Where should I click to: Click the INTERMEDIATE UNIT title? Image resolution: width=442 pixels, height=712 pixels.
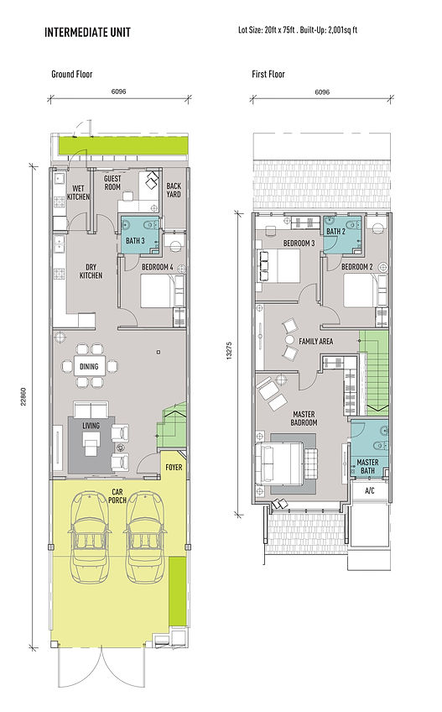pyautogui.click(x=87, y=32)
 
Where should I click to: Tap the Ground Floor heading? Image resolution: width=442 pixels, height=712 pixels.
pyautogui.click(x=71, y=74)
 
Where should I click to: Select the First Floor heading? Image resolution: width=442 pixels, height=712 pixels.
pyautogui.click(x=268, y=74)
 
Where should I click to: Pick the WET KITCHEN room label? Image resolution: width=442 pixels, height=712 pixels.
pyautogui.click(x=78, y=192)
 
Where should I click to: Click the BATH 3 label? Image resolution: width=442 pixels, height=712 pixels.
pyautogui.click(x=135, y=241)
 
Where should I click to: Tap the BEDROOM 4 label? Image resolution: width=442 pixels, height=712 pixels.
pyautogui.click(x=157, y=267)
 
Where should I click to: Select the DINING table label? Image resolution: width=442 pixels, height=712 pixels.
pyautogui.click(x=89, y=366)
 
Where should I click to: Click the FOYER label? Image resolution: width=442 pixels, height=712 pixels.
pyautogui.click(x=174, y=467)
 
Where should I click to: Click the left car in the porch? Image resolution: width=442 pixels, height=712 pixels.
pyautogui.click(x=89, y=537)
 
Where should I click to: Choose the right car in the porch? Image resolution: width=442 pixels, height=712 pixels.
pyautogui.click(x=145, y=537)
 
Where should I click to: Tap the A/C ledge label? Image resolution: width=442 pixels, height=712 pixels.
pyautogui.click(x=370, y=491)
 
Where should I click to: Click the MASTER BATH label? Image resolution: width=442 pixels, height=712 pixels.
pyautogui.click(x=367, y=466)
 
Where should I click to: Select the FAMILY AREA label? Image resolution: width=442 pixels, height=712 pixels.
pyautogui.click(x=316, y=341)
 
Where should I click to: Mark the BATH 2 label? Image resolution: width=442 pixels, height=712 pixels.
pyautogui.click(x=336, y=232)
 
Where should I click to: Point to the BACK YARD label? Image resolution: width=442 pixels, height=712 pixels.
pyautogui.click(x=174, y=190)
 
